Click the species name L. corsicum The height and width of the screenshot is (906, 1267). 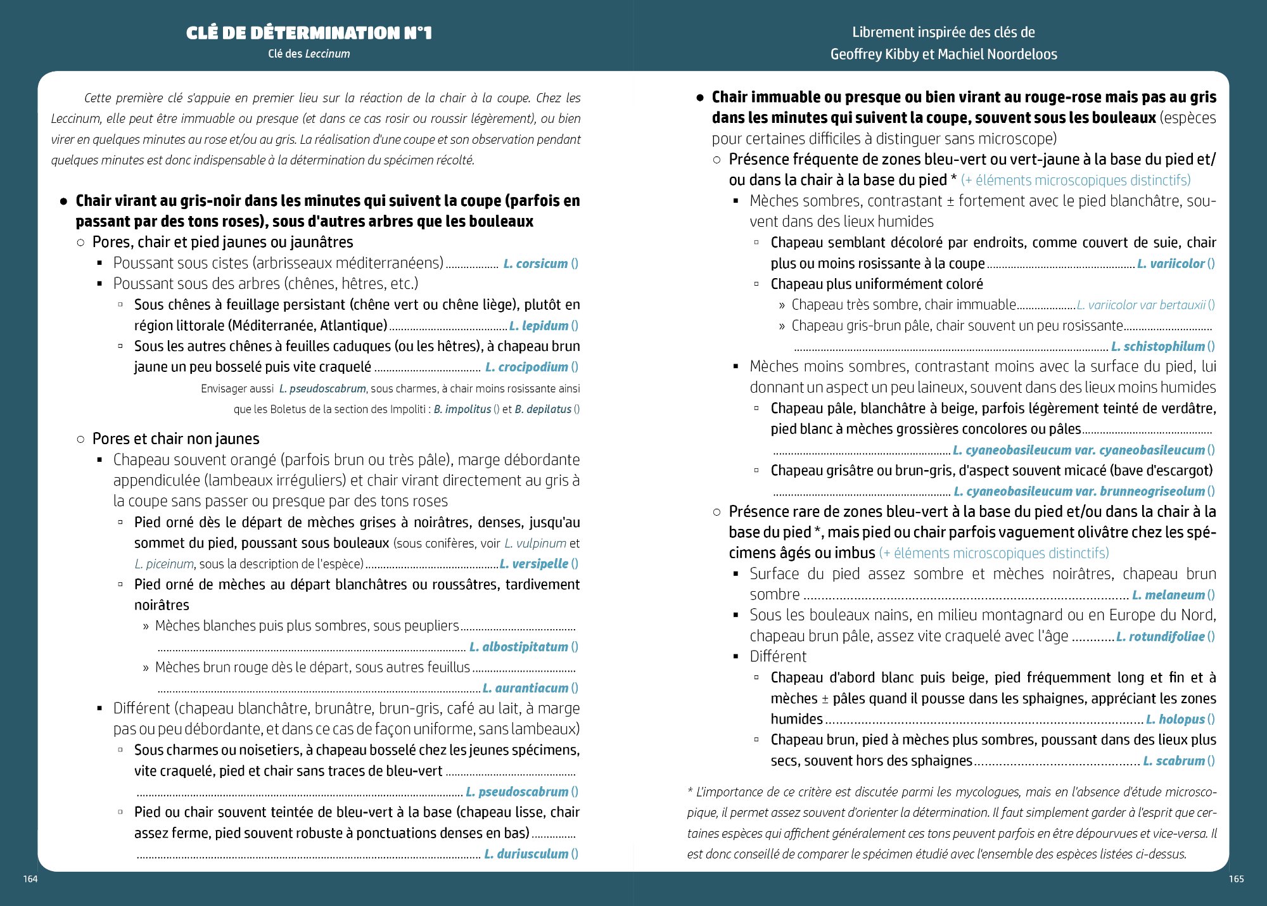(535, 264)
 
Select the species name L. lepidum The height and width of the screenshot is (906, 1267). (538, 326)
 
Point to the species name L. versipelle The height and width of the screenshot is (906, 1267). (533, 563)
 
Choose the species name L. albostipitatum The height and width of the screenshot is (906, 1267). (518, 646)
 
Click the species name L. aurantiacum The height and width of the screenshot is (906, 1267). (525, 687)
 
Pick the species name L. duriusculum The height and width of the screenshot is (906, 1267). (526, 853)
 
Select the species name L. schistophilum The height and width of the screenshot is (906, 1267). (1157, 346)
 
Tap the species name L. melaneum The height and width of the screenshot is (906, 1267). (1168, 594)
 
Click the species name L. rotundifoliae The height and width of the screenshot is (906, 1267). (1160, 636)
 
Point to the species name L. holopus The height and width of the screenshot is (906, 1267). (1175, 718)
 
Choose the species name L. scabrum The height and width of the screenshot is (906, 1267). (1173, 760)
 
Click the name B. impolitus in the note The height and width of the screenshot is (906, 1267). (462, 409)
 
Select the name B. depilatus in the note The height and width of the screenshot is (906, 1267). (543, 409)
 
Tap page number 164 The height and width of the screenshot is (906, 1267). (30, 879)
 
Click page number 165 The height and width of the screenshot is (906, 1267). (1236, 879)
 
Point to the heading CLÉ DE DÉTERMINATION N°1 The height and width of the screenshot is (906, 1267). (309, 33)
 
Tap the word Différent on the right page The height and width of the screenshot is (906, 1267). (778, 656)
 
